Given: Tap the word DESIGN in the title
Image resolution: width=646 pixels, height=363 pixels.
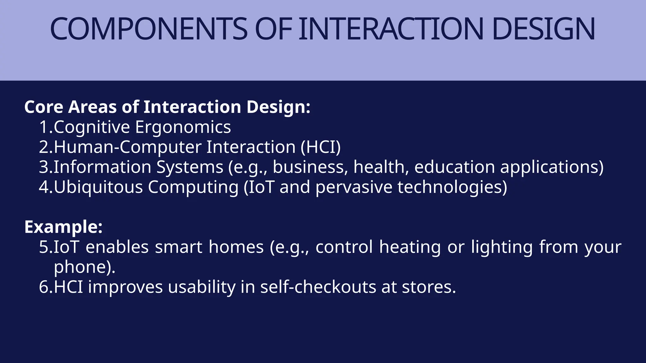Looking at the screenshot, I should [x=543, y=29].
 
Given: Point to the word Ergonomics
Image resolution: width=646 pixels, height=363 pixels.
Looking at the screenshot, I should [x=183, y=127].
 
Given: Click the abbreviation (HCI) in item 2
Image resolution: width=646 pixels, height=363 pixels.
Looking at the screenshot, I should [x=320, y=147].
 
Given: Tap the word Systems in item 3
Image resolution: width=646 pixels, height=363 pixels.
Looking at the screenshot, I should [x=190, y=167].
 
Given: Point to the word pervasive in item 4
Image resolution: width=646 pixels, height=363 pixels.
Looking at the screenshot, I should [x=354, y=187].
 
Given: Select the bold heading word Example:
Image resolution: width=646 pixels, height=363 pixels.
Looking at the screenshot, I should [x=63, y=227].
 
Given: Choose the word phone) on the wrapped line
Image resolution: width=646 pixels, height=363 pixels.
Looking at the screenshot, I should [x=84, y=267].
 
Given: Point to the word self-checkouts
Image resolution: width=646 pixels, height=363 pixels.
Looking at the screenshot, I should [x=318, y=287].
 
